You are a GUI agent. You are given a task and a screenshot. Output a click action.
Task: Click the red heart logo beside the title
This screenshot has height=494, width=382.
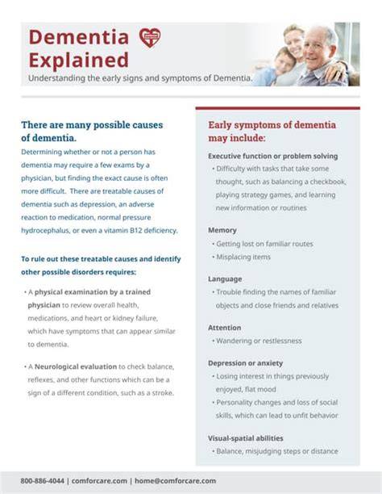click(x=150, y=37)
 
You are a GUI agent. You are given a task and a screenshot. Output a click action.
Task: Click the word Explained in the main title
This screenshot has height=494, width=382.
click(x=79, y=61)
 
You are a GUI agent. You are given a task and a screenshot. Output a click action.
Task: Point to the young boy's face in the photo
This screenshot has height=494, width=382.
click(x=284, y=61)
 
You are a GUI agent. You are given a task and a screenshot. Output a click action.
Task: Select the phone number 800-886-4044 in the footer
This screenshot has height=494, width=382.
click(x=42, y=481)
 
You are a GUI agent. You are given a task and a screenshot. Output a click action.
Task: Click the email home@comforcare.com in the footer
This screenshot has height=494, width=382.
click(x=175, y=481)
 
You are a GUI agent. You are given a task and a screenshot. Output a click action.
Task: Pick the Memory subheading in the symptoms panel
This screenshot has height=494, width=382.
click(x=222, y=230)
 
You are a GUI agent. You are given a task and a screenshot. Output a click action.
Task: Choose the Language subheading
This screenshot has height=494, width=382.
click(x=225, y=279)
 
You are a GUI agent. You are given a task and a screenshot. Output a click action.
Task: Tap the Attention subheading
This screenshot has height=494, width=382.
click(x=224, y=328)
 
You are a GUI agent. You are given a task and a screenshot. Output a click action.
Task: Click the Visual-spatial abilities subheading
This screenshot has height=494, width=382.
click(x=246, y=438)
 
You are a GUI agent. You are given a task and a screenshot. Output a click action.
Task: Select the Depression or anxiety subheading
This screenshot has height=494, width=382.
click(x=246, y=363)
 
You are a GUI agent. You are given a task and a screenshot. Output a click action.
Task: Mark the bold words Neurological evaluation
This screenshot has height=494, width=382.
click(x=76, y=366)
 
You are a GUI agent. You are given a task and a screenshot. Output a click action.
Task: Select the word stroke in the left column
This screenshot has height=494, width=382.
click(x=163, y=393)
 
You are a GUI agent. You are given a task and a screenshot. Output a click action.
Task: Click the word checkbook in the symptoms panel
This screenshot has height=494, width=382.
click(x=328, y=182)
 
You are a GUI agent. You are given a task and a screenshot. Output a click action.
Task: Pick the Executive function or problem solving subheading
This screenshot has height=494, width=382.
click(x=273, y=157)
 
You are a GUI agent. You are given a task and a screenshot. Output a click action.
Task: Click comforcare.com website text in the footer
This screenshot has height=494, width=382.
click(x=99, y=481)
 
